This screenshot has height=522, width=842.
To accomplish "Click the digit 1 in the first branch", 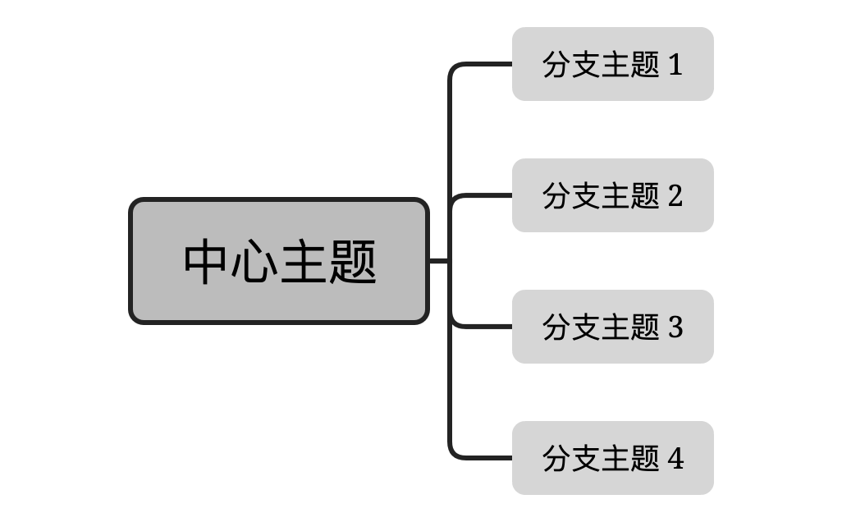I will tap(675, 65).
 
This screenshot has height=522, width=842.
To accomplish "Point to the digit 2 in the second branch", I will tap(675, 196).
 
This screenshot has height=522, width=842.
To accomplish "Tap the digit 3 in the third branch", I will tap(675, 327).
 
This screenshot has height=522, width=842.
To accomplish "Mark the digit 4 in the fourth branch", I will tap(675, 459).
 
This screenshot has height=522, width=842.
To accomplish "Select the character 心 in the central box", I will tap(255, 262).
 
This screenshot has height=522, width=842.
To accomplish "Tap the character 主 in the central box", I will tap(304, 262).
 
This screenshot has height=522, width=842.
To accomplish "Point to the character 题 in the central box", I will tap(353, 262).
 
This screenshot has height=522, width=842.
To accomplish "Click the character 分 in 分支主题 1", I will tap(557, 65).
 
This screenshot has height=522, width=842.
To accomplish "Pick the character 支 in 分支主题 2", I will tap(587, 196).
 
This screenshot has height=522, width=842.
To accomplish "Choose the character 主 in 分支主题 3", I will tap(616, 327).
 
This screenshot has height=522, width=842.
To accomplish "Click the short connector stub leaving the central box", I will tap(439, 261).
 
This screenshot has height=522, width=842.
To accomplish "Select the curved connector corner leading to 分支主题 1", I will tap(454, 69).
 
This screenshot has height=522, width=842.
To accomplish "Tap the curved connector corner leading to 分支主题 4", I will tap(454, 453).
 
